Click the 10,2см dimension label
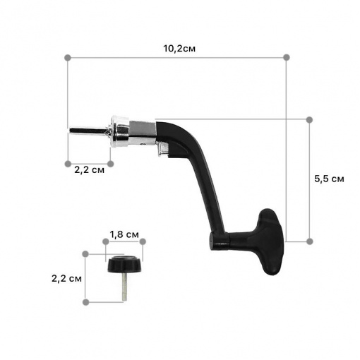(179, 49)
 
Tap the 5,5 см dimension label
(329, 179)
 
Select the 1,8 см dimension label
(124, 234)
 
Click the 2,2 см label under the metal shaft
(89, 170)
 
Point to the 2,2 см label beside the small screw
(66, 279)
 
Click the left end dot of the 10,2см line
(68, 58)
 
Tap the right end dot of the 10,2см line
(287, 57)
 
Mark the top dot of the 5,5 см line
(310, 120)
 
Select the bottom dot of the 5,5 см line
(310, 241)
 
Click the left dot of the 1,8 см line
(106, 241)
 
